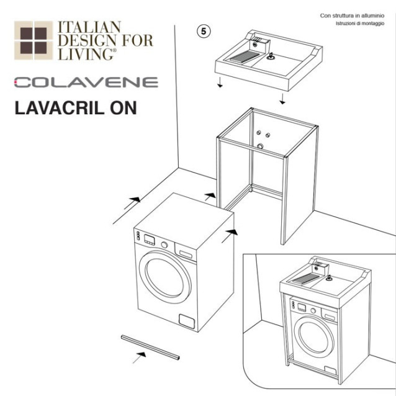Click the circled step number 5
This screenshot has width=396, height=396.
[203, 30]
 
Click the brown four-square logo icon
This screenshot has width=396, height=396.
[34, 40]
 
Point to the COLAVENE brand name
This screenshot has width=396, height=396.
[86, 82]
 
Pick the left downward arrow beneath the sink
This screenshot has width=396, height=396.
[219, 84]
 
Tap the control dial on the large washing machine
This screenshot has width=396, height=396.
[164, 245]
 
